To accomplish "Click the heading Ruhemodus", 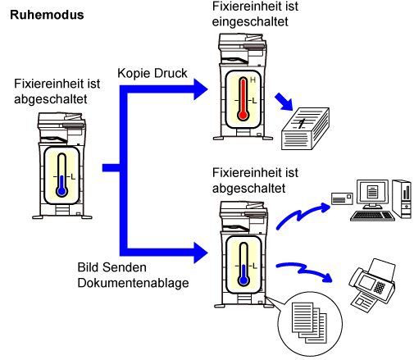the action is [47, 15].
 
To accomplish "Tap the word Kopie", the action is [134, 74].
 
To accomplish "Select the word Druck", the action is [171, 73].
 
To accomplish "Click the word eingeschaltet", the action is [250, 22].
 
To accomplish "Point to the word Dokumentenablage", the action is [133, 283].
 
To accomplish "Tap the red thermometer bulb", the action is [243, 115].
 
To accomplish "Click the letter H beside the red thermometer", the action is [252, 80].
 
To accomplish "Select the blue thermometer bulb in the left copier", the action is [62, 191].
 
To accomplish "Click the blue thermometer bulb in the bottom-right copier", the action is [243, 280].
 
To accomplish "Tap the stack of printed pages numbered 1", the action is [305, 129].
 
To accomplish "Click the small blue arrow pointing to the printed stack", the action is [284, 102].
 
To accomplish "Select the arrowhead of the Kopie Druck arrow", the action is [201, 89].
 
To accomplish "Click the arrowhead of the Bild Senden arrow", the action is [201, 253].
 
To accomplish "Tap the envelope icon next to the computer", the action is [342, 198].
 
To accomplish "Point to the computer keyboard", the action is [372, 216].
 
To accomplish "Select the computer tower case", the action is [402, 198].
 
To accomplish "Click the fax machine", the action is [372, 285].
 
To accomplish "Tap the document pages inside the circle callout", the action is [309, 322].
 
